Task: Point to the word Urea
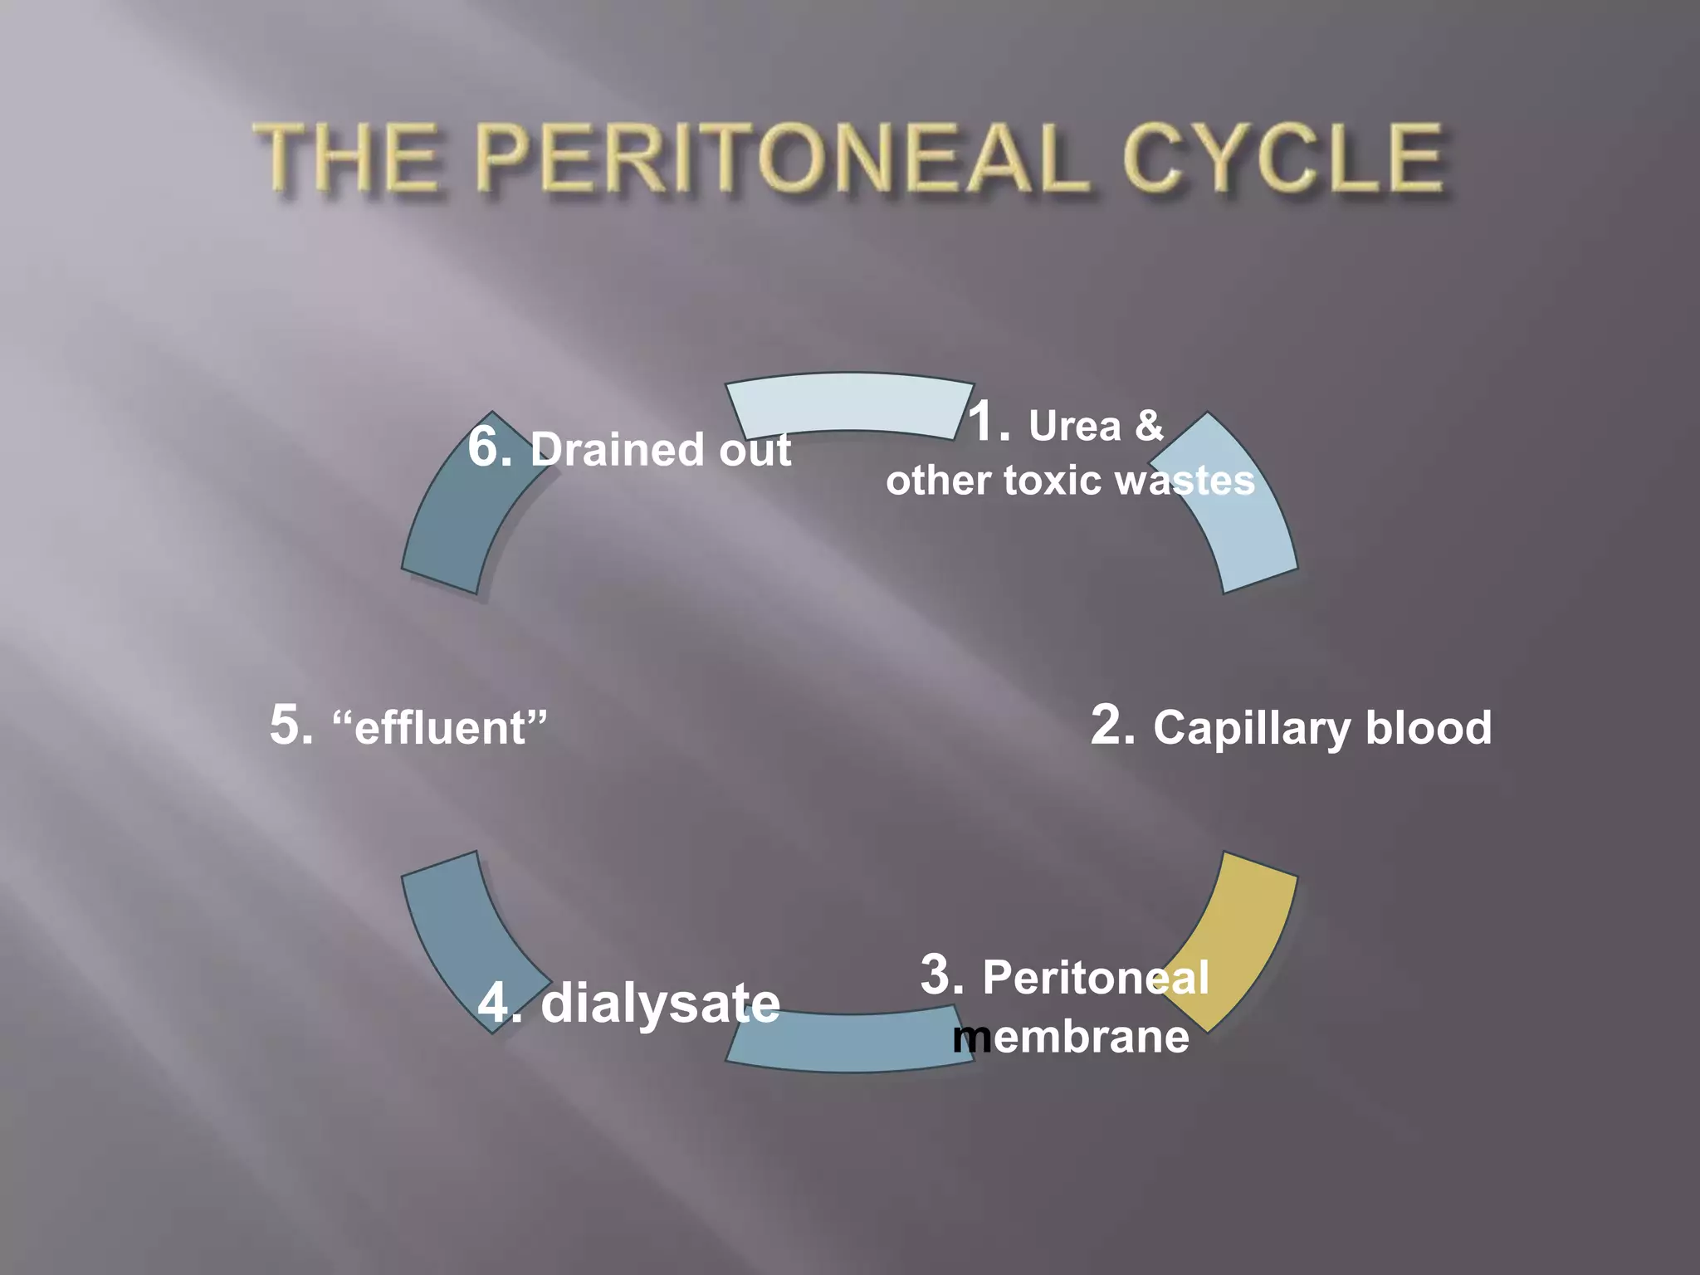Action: click(x=1075, y=427)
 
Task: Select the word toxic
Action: click(x=1053, y=481)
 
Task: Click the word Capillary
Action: click(x=1252, y=729)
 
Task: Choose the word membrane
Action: click(x=1071, y=1037)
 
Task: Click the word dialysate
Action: click(x=660, y=1004)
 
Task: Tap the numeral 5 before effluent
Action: click(x=291, y=724)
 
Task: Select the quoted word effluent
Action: click(x=440, y=727)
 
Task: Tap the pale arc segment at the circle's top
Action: click(x=849, y=403)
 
